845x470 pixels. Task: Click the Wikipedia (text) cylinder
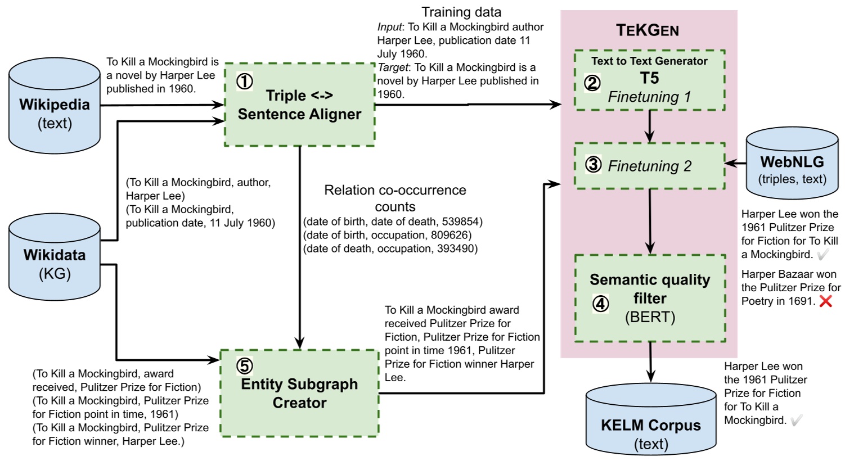(55, 106)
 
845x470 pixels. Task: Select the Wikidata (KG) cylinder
(55, 257)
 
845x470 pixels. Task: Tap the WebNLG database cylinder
(792, 163)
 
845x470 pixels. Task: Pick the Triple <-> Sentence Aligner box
(299, 105)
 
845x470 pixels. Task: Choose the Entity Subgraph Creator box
(299, 393)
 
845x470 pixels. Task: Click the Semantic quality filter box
(650, 298)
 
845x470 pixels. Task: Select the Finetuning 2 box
(650, 165)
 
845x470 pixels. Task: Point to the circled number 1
(245, 82)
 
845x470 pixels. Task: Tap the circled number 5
(245, 365)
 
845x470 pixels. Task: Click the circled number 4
(600, 304)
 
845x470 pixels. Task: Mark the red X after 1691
(826, 301)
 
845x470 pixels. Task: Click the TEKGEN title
(648, 30)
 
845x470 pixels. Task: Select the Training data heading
(461, 12)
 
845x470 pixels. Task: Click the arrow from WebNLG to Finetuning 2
(736, 163)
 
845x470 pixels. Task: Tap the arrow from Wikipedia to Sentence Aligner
(163, 105)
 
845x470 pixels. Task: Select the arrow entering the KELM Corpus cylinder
(650, 362)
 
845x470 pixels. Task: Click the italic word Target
(393, 67)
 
